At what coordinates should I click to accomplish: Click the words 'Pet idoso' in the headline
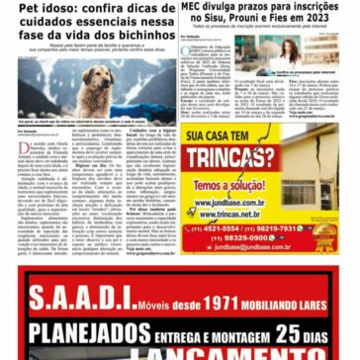29,7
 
